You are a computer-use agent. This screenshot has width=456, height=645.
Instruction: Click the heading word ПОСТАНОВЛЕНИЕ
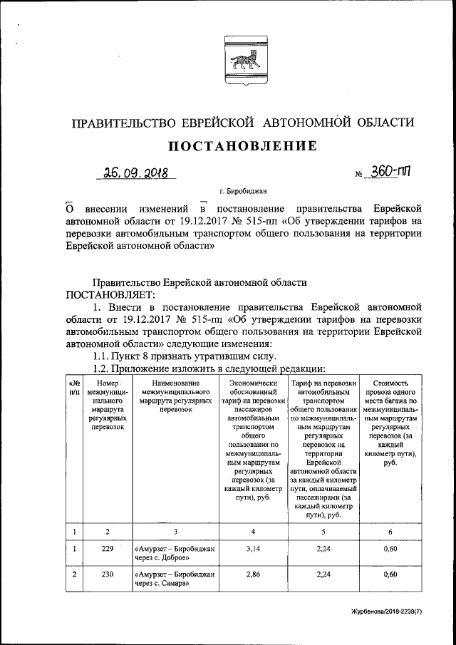(242, 146)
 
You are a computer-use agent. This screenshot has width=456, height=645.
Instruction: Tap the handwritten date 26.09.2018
(135, 172)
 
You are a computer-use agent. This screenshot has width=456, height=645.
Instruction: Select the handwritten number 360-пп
(389, 173)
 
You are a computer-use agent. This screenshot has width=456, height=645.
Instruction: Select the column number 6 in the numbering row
(389, 530)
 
